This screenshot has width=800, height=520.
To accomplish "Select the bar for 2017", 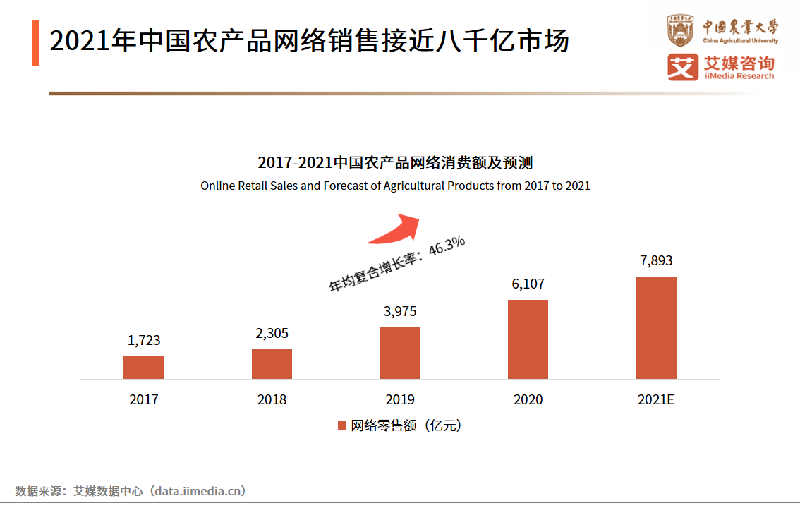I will click(x=143, y=368).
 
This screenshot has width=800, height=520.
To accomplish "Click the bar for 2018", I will click(x=272, y=364).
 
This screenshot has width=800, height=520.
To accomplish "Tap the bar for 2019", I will click(x=400, y=353).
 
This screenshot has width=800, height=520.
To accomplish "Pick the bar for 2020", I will click(x=528, y=339).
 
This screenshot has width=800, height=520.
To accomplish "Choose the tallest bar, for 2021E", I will click(x=656, y=327).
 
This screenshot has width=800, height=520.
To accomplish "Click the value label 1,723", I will click(x=144, y=340).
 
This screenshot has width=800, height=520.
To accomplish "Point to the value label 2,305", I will click(x=272, y=333).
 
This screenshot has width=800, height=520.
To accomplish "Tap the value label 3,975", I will click(x=400, y=311).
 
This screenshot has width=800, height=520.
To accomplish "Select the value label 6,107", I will click(x=528, y=284).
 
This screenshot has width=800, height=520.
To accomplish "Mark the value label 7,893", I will click(x=656, y=260).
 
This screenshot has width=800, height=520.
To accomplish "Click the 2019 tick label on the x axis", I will click(x=400, y=399).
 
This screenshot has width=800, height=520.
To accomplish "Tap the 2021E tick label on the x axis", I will click(x=656, y=399).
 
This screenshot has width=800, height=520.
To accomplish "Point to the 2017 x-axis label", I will click(x=144, y=399).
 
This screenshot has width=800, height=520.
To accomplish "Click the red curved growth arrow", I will click(x=395, y=229).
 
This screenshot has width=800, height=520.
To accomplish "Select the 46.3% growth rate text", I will click(x=447, y=248).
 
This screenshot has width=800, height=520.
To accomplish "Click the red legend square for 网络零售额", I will click(x=342, y=425).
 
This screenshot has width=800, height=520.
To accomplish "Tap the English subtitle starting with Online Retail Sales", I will click(x=395, y=186).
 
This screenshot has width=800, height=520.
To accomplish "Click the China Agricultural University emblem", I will click(x=681, y=31).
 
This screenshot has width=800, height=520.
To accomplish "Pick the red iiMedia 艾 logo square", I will click(x=681, y=67).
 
